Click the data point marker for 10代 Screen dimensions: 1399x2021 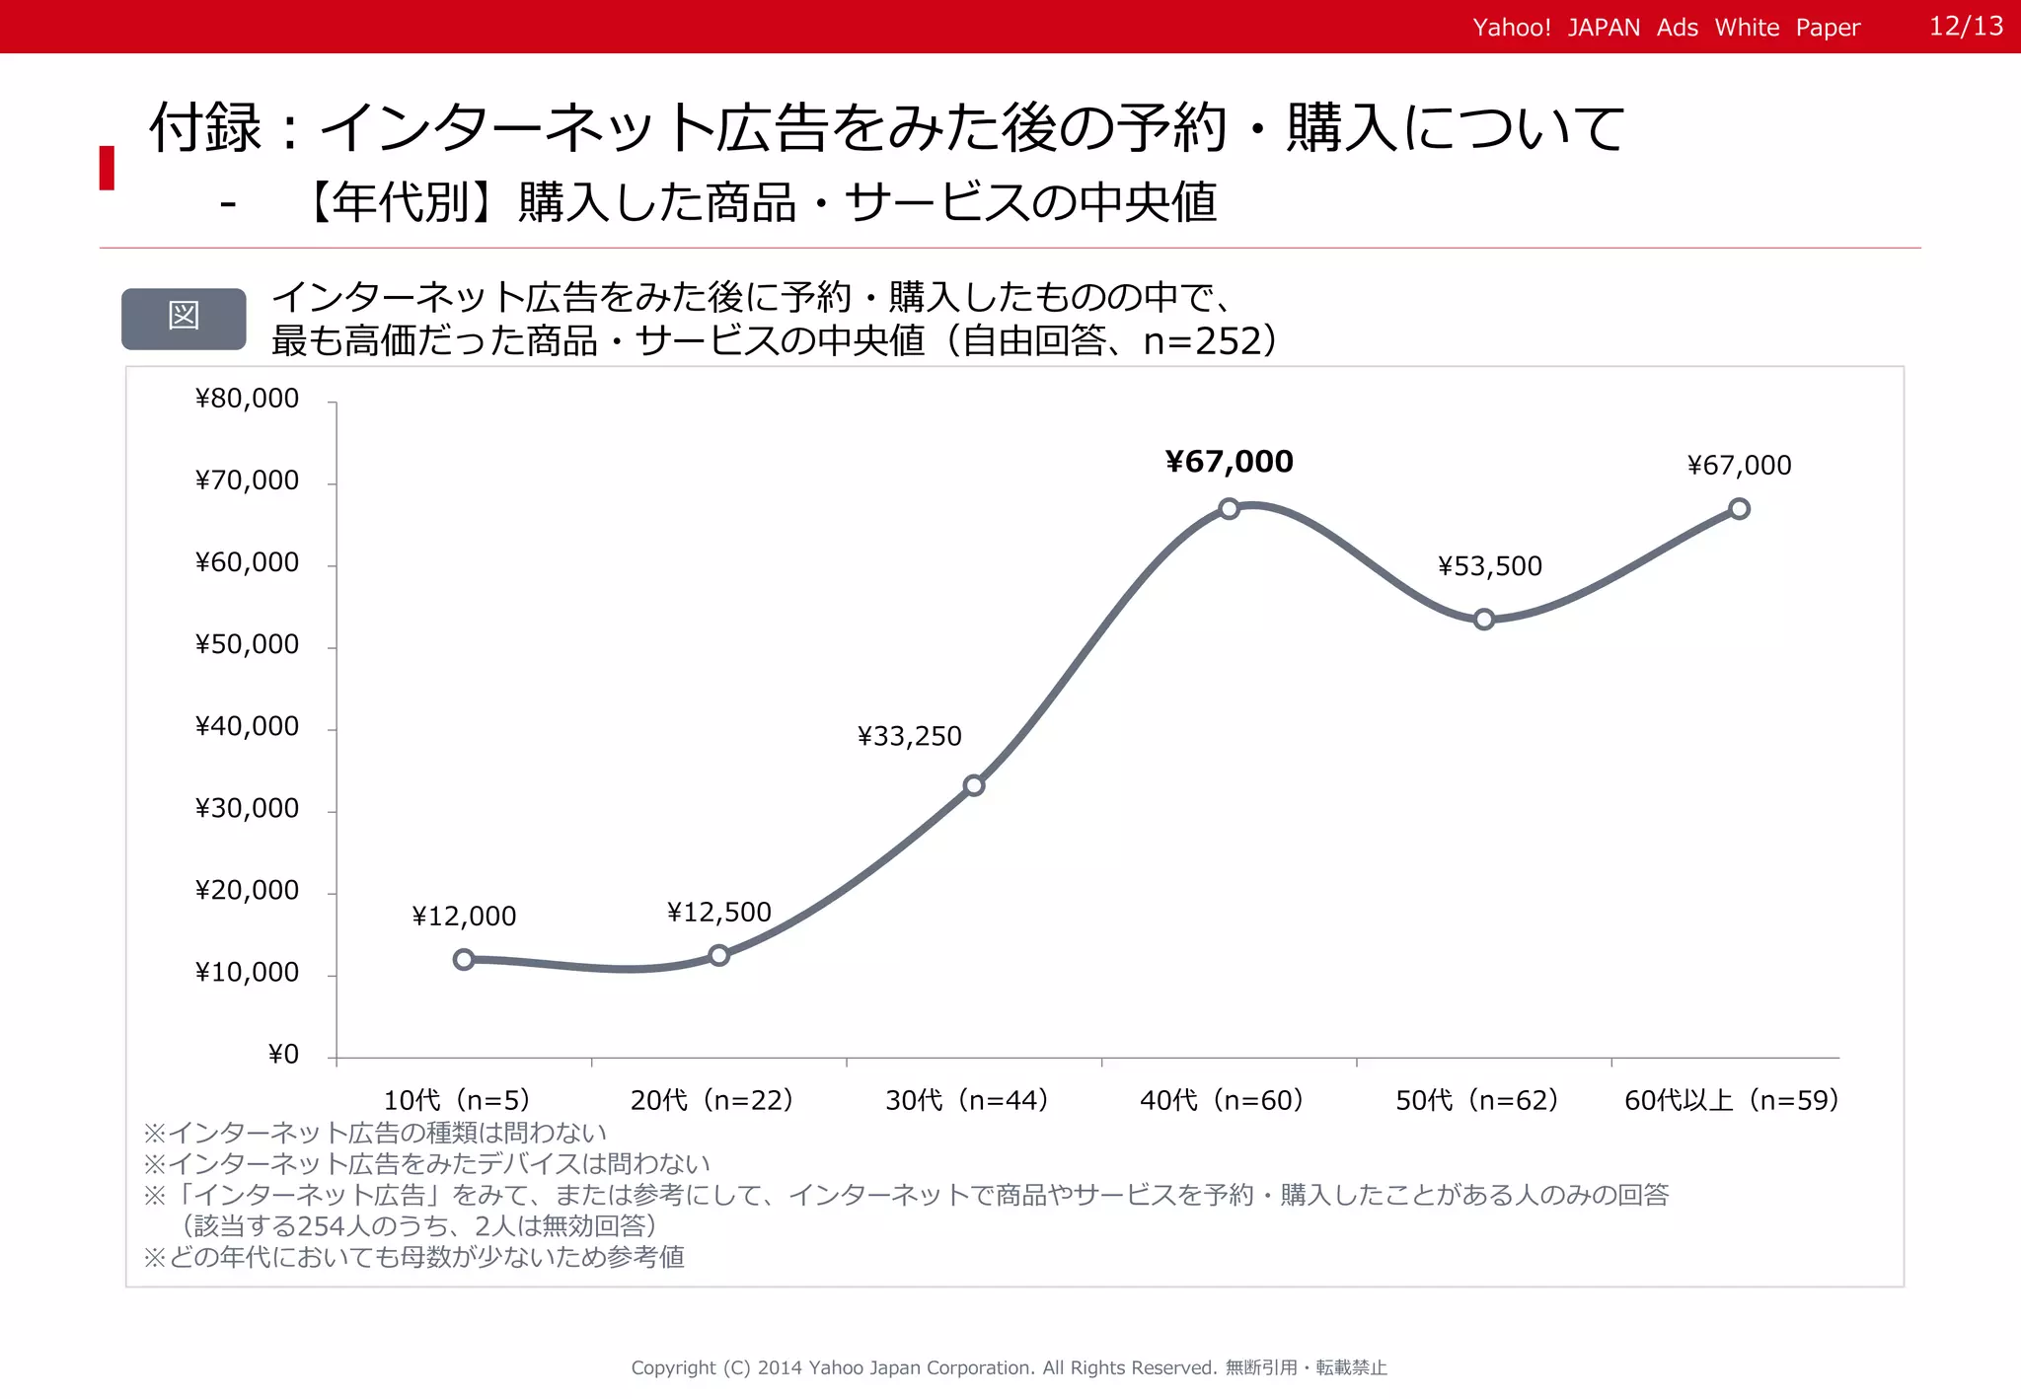464,959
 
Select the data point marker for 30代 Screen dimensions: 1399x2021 974,785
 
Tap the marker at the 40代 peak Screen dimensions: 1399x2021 1229,509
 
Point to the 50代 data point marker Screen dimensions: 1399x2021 1484,620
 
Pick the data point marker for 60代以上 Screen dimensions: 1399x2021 1739,509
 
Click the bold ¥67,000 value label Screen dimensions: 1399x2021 1229,462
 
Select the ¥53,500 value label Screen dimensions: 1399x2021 1489,566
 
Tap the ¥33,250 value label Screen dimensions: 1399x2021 909,736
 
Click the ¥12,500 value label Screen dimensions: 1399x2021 718,912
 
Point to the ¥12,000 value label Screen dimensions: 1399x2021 464,917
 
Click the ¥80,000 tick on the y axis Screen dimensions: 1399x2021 247,399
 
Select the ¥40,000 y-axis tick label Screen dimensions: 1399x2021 247,727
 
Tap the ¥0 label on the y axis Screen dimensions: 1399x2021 283,1055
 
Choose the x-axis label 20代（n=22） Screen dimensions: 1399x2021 712,1100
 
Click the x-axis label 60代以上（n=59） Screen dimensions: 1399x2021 1732,1100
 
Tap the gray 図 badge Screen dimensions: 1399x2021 184,318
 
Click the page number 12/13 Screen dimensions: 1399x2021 1966,27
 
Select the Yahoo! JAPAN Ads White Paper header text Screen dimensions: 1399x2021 1666,28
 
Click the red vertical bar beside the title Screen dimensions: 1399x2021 107,168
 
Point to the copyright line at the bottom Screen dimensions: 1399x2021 1009,1367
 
